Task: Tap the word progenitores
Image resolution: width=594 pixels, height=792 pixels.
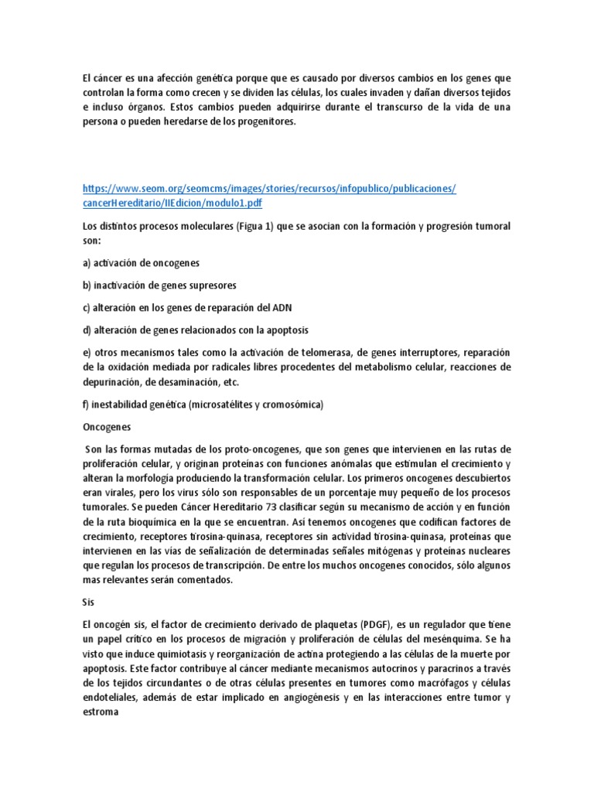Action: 269,122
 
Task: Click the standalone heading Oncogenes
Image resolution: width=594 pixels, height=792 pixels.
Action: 106,426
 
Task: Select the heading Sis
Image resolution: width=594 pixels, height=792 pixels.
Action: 87,603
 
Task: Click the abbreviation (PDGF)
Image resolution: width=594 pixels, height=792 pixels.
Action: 376,625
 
